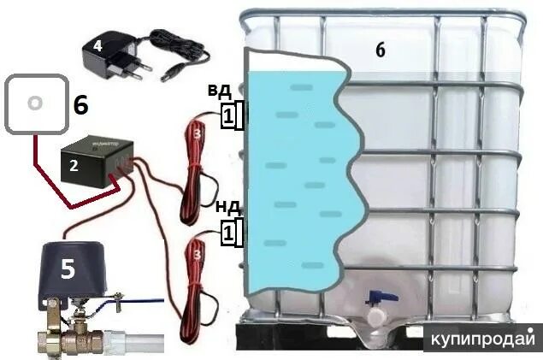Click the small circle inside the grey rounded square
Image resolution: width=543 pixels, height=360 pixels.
click(34, 103)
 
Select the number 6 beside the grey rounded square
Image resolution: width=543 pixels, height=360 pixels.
click(80, 105)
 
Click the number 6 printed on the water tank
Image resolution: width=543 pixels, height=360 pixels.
click(380, 50)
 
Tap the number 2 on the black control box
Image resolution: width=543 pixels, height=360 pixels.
click(74, 167)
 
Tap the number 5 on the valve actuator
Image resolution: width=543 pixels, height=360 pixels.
click(67, 270)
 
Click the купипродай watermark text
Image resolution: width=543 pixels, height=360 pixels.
click(485, 337)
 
